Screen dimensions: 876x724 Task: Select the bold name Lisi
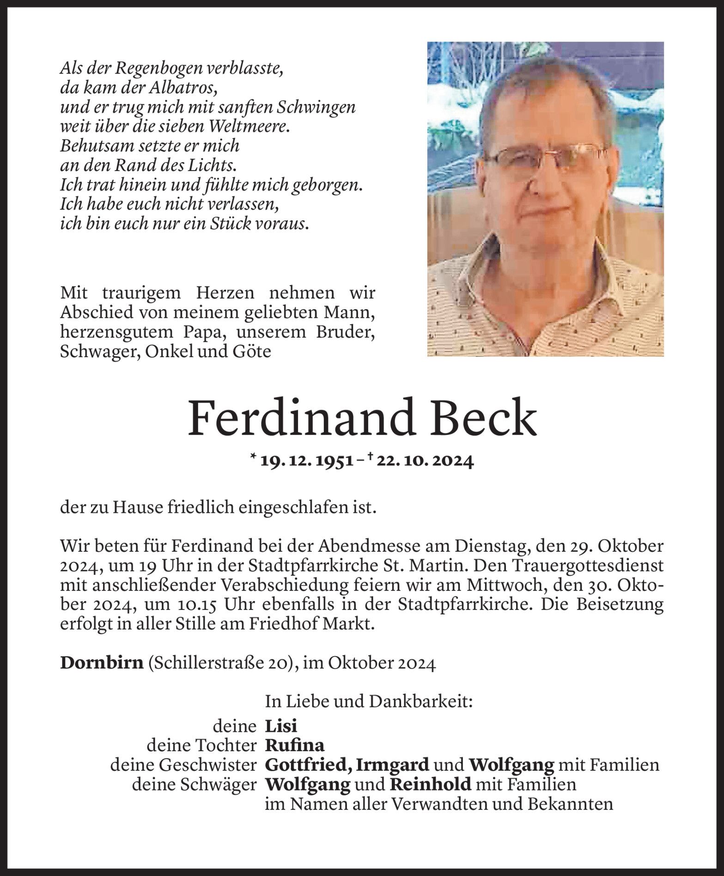coord(281,727)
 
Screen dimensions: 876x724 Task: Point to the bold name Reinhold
coord(430,785)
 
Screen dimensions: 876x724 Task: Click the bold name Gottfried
coord(309,765)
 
